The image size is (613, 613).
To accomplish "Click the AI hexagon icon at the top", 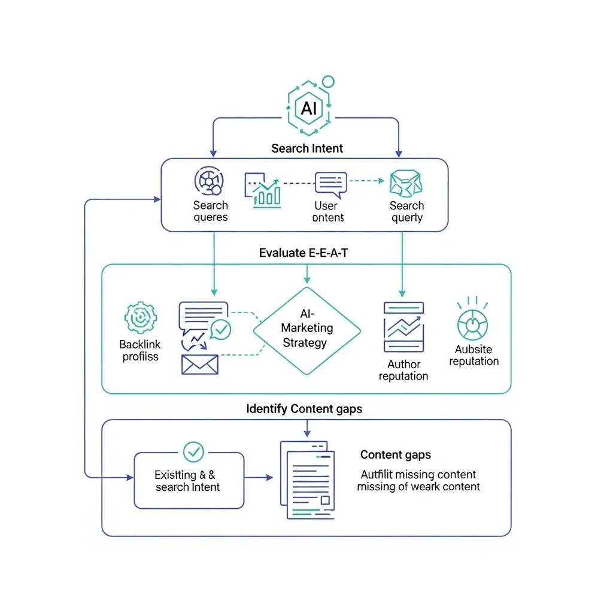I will [x=309, y=108].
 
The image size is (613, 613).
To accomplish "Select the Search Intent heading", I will [x=307, y=148].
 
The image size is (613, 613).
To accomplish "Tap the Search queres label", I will [x=210, y=211].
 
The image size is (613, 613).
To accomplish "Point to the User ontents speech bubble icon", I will [x=331, y=184].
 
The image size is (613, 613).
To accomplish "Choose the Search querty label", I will [x=407, y=211].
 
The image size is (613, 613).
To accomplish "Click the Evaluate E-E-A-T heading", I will [x=304, y=253].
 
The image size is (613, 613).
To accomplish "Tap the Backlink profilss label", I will [x=139, y=350].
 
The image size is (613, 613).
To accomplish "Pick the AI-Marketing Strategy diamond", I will [x=307, y=330].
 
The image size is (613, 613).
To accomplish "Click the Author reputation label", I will [x=403, y=370].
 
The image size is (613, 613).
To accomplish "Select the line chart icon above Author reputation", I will [x=403, y=327].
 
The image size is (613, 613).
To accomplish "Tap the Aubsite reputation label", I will [x=474, y=355].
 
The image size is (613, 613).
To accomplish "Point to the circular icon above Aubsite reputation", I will [x=472, y=324].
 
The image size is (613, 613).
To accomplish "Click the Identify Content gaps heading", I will [x=304, y=409].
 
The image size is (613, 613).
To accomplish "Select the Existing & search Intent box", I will [x=189, y=480].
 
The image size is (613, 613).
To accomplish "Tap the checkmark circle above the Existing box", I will [x=193, y=451].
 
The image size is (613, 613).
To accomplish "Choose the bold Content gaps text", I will [x=395, y=455].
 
